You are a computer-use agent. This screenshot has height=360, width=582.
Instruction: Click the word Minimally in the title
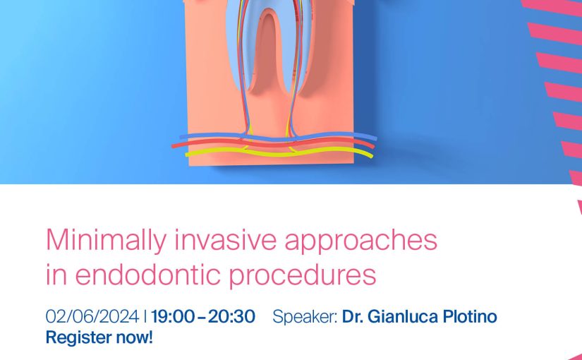[x=106, y=241]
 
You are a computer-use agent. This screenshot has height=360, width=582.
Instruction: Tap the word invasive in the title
[x=226, y=239]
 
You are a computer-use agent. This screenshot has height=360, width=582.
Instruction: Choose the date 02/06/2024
[x=92, y=316]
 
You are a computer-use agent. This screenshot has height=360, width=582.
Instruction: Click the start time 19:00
[x=173, y=316]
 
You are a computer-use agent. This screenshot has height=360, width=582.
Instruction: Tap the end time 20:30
[x=231, y=316]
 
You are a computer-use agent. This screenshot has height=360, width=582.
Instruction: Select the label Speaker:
[x=305, y=317]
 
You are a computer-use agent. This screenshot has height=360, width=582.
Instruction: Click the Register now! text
[x=99, y=337]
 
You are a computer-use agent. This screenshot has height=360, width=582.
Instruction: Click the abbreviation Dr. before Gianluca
[x=353, y=316]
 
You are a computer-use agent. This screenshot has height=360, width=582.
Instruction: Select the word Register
[x=79, y=338]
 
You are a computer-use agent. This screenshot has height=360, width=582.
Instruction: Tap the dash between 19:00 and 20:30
[x=201, y=317]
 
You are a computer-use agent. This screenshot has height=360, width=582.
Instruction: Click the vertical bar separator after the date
[x=145, y=316]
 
